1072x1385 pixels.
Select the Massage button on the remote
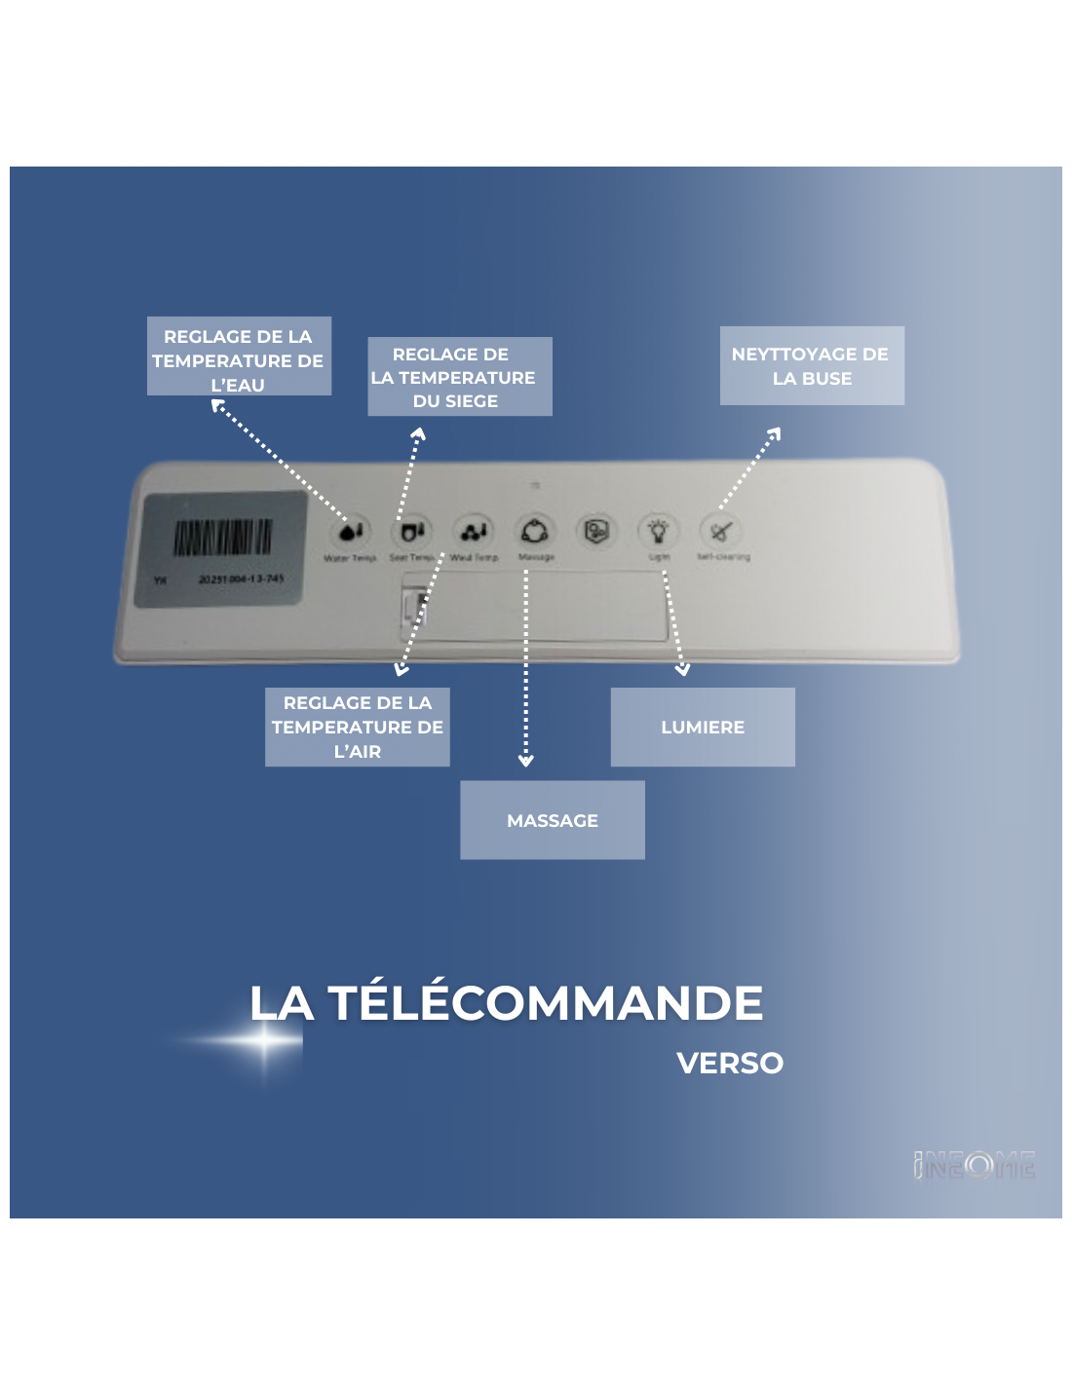click(535, 532)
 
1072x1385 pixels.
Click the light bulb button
click(659, 531)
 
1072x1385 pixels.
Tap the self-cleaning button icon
click(721, 532)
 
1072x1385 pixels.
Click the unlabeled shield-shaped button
click(596, 532)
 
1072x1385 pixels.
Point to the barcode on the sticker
click(222, 537)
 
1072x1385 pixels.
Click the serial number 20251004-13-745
click(241, 579)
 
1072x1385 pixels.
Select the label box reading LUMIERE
click(703, 727)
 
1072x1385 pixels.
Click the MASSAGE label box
click(553, 820)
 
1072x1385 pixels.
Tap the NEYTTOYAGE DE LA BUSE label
click(812, 365)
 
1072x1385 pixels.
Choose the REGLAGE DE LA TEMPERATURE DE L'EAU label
click(239, 356)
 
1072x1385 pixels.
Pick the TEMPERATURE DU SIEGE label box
click(459, 377)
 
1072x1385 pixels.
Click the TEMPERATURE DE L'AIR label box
click(358, 727)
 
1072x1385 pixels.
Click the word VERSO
click(730, 1063)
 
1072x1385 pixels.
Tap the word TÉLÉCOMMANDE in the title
click(545, 1003)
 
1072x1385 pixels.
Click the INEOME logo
click(975, 1164)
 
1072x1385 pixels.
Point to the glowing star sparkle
click(265, 1040)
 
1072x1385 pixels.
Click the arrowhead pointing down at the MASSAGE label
click(526, 760)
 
